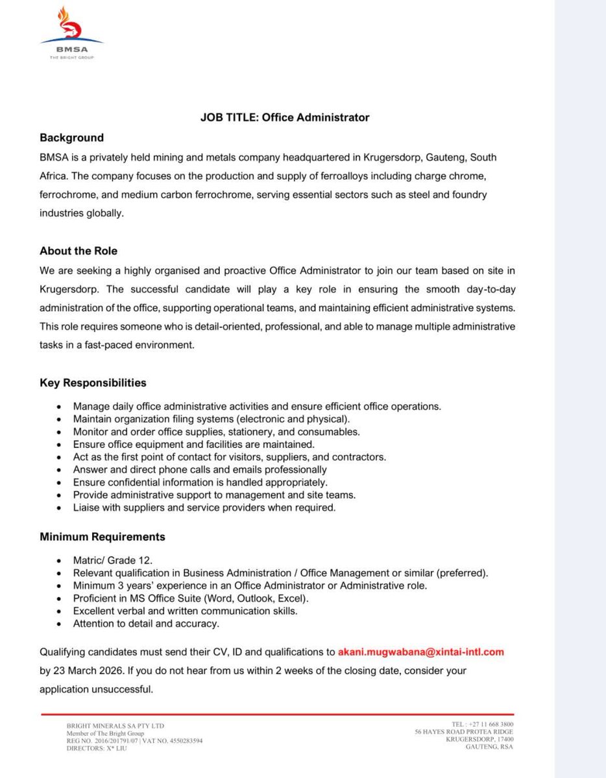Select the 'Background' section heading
click(x=71, y=137)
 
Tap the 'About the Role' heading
click(x=79, y=251)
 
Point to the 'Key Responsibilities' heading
click(x=93, y=383)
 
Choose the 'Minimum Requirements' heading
click(x=103, y=537)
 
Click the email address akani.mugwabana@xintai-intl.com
click(x=420, y=652)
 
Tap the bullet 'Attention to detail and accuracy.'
click(x=146, y=624)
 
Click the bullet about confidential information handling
click(x=200, y=482)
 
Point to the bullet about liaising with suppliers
click(x=204, y=508)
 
